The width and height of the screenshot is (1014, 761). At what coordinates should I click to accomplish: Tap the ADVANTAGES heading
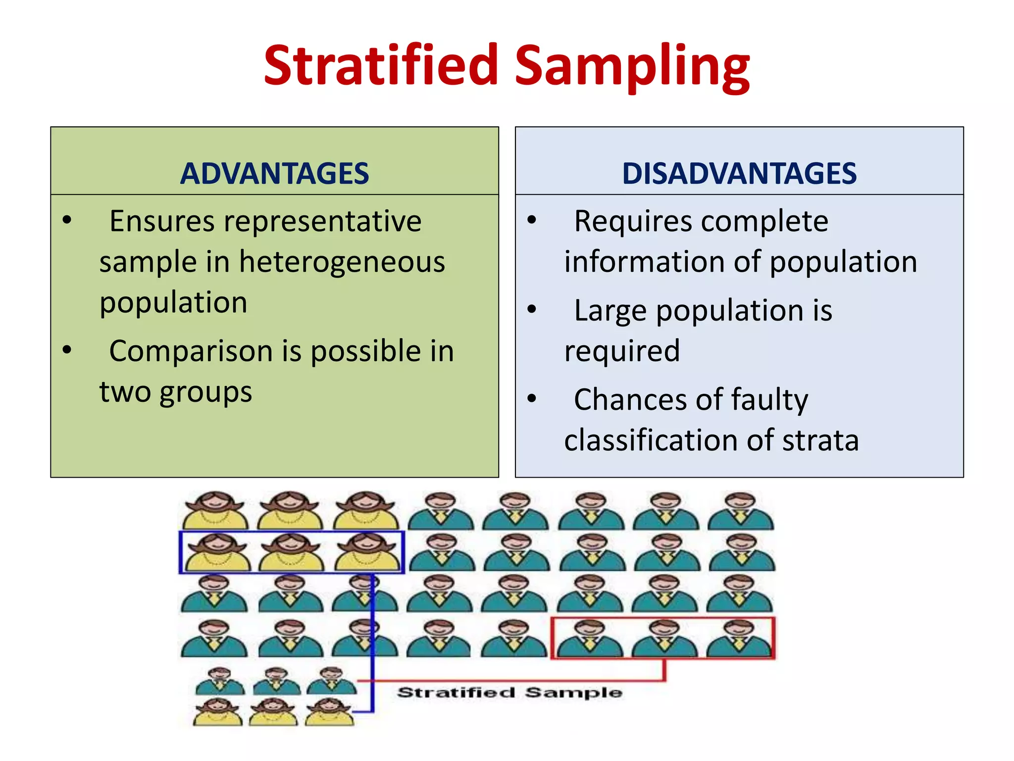pos(274,173)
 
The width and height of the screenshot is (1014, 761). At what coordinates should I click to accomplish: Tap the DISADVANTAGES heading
pos(739,173)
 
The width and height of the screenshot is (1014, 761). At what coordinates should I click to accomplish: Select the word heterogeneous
pos(342,263)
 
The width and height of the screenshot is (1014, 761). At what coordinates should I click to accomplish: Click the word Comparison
pos(191,352)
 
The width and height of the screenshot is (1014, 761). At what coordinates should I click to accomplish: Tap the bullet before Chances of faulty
pos(532,398)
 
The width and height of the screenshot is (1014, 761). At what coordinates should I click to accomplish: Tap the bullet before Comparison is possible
pos(67,350)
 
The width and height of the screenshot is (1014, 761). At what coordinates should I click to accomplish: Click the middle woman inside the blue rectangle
pos(291,552)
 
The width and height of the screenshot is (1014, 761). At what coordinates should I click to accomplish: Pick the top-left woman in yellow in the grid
pos(214,510)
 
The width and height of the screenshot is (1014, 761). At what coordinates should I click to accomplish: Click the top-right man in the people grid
pos(740,510)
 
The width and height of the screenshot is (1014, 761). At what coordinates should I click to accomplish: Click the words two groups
pos(176,392)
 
